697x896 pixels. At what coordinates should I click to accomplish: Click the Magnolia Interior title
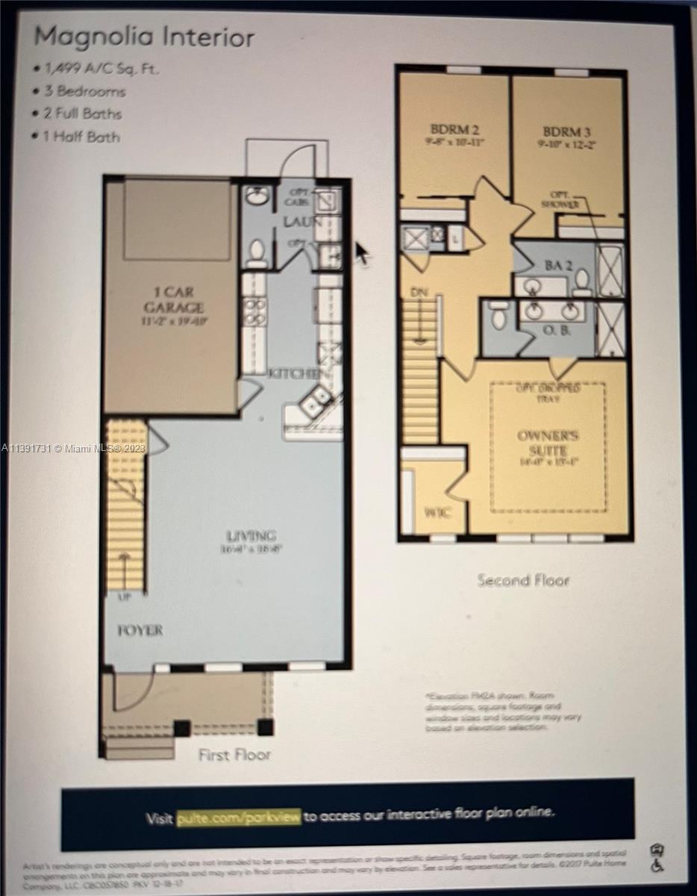pos(144,37)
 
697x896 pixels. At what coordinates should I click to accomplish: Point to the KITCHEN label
pos(296,373)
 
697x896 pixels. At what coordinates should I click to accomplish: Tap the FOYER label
pos(140,630)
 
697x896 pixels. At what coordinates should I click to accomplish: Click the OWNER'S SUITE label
pos(548,444)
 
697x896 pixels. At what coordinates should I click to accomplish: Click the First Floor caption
pos(234,755)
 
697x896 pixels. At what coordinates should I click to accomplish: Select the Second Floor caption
pos(523,580)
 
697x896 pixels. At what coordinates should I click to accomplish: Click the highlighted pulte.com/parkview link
pos(239,817)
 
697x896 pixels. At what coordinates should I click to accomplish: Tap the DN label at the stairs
pos(419,293)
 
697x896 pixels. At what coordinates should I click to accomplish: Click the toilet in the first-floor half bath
pos(257,252)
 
